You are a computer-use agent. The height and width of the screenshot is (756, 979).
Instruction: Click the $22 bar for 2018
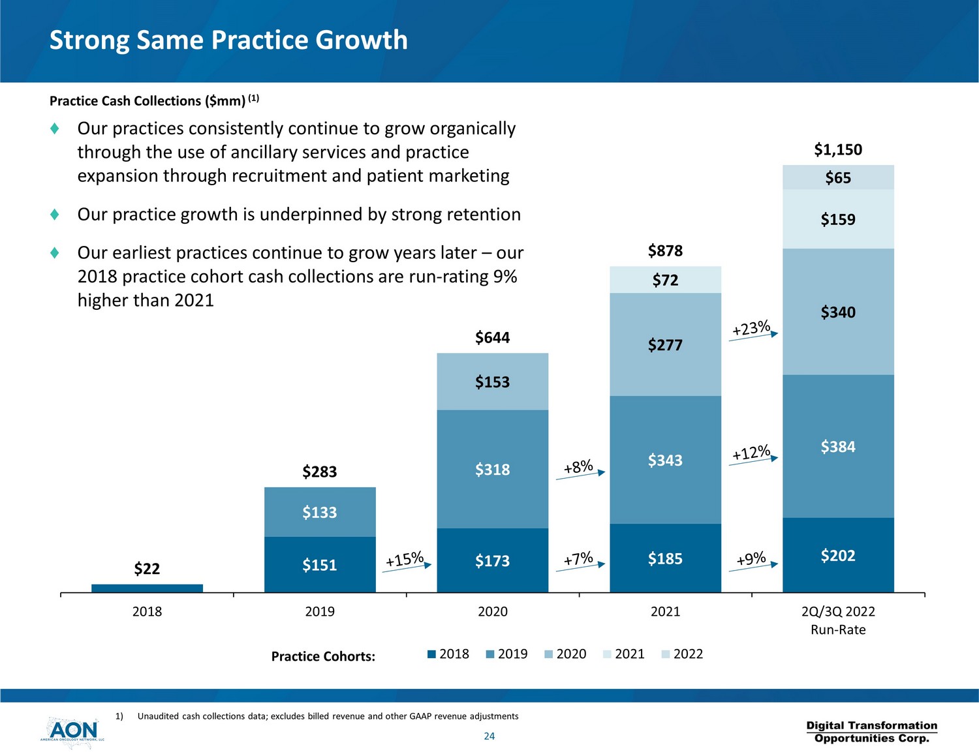147,588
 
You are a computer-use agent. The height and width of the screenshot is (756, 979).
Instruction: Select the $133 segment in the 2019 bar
320,512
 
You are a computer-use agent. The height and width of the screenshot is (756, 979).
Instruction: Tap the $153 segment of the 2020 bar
492,382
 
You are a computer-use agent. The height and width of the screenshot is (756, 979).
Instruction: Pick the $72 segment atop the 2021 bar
665,280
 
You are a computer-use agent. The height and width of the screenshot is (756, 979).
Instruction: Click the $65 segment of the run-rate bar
838,177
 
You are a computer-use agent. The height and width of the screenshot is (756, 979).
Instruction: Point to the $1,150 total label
838,149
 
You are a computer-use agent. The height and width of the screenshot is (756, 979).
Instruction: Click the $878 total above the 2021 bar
665,250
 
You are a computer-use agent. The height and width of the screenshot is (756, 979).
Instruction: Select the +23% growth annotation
751,328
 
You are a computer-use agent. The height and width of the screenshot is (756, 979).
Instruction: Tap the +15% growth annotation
405,560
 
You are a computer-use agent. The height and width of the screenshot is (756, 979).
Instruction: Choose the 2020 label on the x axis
492,612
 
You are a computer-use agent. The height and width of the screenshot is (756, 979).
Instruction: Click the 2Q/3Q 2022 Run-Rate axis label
838,620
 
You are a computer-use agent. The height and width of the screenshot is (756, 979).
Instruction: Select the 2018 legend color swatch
431,654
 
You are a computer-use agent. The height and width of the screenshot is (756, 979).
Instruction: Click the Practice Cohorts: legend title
323,656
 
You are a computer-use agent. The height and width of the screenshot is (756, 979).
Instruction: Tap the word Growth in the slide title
362,40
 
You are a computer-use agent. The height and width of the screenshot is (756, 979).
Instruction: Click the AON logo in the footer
72,731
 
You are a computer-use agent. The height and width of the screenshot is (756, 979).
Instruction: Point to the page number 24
489,736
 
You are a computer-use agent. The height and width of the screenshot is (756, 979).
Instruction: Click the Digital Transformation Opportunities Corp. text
871,732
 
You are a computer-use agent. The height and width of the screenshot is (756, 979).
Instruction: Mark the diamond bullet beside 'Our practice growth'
55,214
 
